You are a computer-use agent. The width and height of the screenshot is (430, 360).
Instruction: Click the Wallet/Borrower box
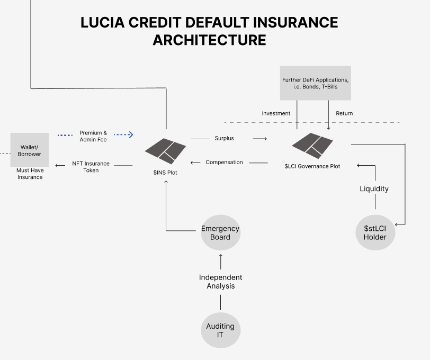tap(31, 150)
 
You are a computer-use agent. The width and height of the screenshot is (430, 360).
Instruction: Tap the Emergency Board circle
tap(220, 233)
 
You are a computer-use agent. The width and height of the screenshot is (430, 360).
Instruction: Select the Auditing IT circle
tap(220, 330)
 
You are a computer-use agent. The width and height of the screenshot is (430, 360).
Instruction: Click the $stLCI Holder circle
tap(375, 232)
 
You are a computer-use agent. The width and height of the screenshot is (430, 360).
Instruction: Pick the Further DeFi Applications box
tap(315, 83)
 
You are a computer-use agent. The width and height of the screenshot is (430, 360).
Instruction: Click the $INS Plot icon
tap(166, 150)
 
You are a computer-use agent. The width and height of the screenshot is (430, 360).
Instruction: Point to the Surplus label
tap(224, 138)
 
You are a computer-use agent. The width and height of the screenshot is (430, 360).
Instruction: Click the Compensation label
tap(224, 162)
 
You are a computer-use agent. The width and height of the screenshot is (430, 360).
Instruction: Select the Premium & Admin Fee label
tap(93, 136)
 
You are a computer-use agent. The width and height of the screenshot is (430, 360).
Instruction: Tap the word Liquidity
tap(374, 188)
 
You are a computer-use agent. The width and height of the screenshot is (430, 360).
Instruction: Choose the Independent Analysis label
tap(220, 282)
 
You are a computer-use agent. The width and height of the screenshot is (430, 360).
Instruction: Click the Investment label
tap(276, 113)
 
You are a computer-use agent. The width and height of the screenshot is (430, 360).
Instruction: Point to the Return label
tap(344, 113)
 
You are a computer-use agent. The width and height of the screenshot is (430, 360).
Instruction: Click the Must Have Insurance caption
tap(30, 174)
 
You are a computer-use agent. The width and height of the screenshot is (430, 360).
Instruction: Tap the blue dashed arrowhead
tap(130, 135)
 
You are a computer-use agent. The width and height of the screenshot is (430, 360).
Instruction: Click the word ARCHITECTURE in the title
tap(209, 40)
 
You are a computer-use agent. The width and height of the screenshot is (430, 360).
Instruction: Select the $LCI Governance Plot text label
tap(312, 166)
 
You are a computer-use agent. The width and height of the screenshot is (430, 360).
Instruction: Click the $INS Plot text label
tap(165, 173)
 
